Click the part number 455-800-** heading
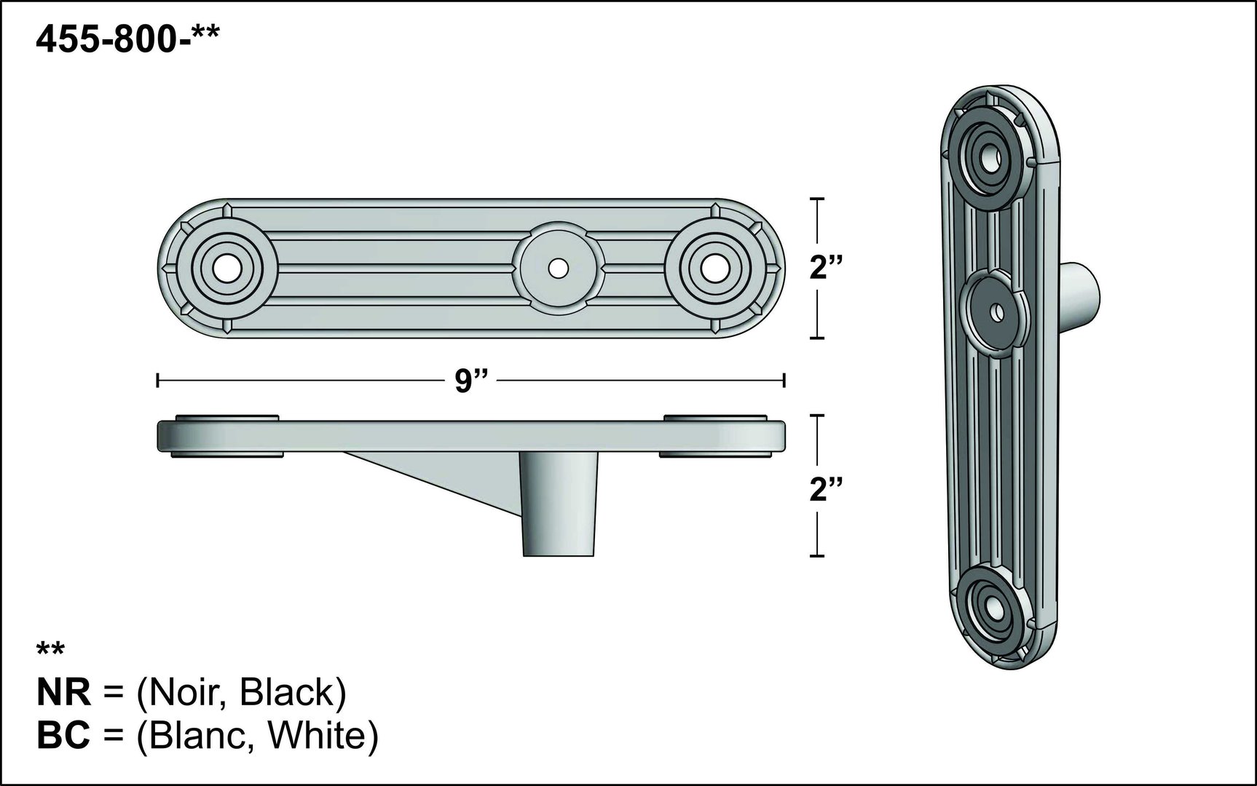pos(127,41)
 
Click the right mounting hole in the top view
pos(712,268)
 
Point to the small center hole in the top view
pos(558,268)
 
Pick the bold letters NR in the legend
pos(64,694)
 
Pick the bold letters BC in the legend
pos(64,737)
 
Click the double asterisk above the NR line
pos(50,651)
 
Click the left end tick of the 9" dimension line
pos(158,380)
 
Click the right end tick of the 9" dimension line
pos(784,380)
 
